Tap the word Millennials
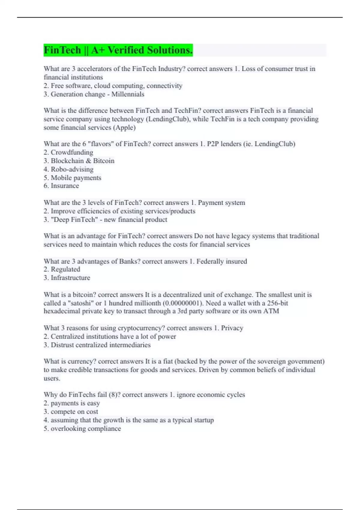pos(128,94)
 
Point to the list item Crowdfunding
pos(72,152)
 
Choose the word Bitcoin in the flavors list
pos(104,161)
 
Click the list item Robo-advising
pos(72,169)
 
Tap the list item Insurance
pos(65,186)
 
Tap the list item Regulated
pos(65,269)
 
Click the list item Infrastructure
pos(70,278)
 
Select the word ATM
pos(271,311)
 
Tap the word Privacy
pos(232,328)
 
